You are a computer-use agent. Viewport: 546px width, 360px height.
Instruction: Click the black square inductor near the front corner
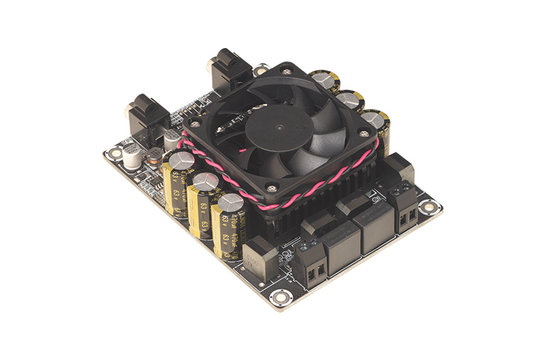tap(259, 258)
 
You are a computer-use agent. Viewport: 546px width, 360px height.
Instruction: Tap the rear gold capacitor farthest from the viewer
tap(324, 80)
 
